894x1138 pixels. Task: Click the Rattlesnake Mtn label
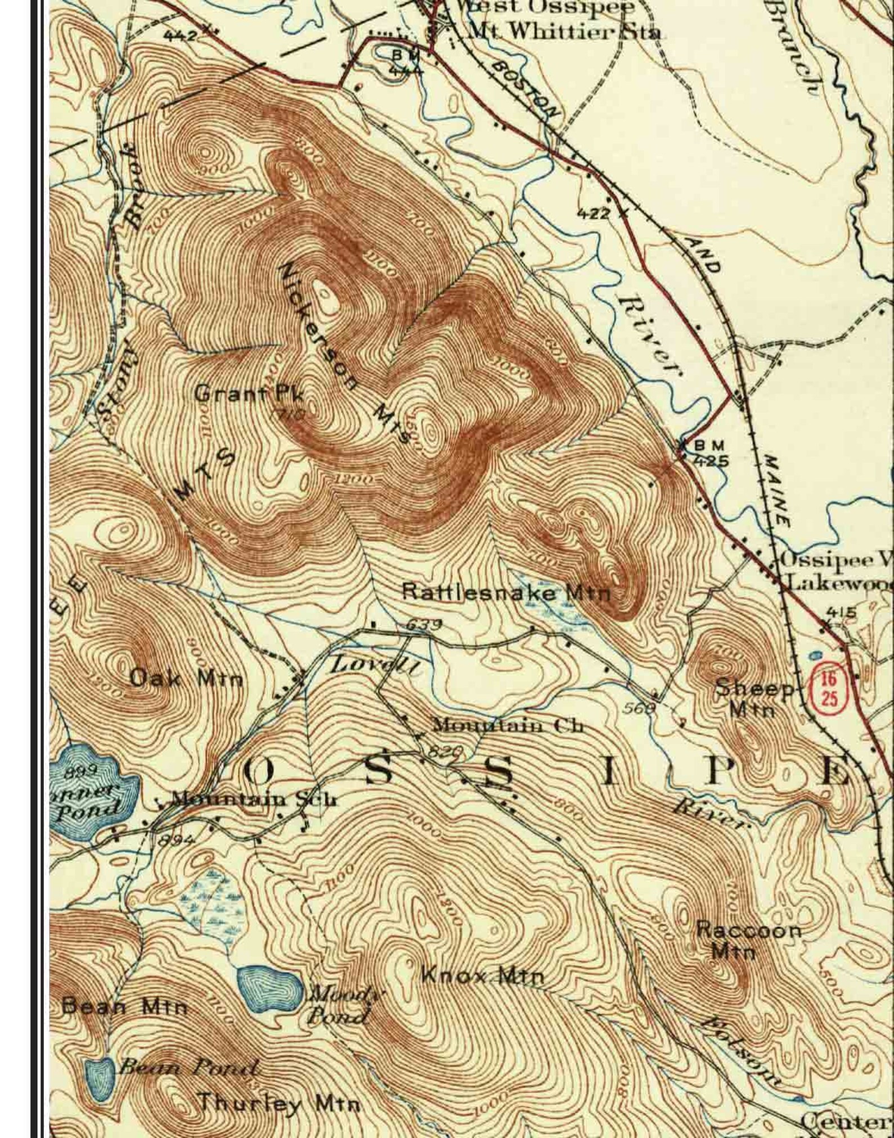[x=506, y=592]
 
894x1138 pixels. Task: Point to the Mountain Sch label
[x=254, y=798]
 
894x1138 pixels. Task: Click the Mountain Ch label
[x=506, y=725]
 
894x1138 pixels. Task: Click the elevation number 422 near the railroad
[x=593, y=214]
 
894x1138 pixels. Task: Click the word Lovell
[x=375, y=666]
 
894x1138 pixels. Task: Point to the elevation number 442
[x=180, y=35]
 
